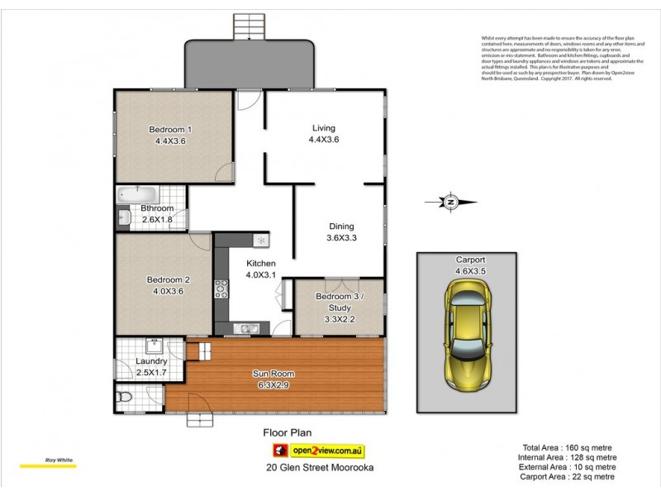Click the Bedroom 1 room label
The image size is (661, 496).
pyautogui.click(x=169, y=129)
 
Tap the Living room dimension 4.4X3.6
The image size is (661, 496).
pyautogui.click(x=323, y=140)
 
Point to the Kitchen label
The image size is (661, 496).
pyautogui.click(x=260, y=264)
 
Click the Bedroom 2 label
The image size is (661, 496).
pyautogui.click(x=169, y=279)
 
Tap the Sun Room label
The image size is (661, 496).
pyautogui.click(x=273, y=374)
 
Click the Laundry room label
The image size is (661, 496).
pyautogui.click(x=151, y=361)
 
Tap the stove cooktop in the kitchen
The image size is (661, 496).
pyautogui.click(x=221, y=289)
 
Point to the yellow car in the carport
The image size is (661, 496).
pyautogui.click(x=468, y=333)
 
